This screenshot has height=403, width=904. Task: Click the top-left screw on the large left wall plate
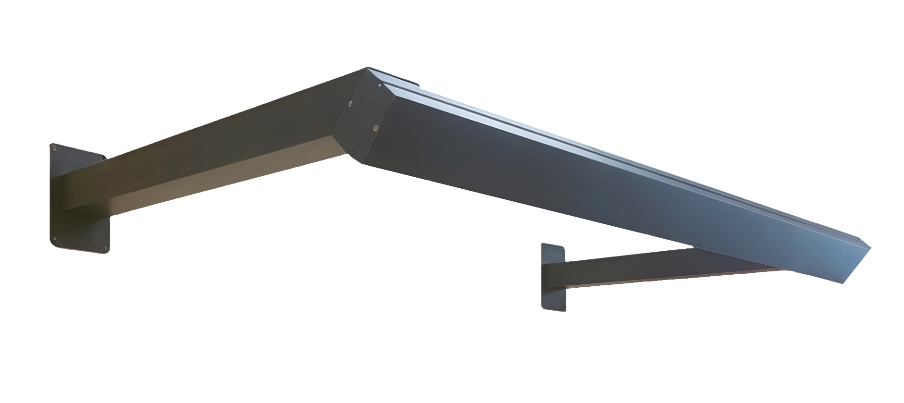click(54, 149)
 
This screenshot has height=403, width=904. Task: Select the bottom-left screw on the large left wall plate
click(55, 239)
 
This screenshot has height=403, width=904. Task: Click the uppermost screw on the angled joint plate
click(380, 85)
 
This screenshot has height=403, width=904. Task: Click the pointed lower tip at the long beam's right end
click(851, 281)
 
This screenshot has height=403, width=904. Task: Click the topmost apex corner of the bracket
click(368, 68)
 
